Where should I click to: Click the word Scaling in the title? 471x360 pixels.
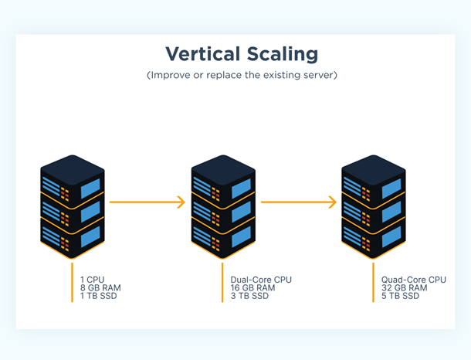click(280, 54)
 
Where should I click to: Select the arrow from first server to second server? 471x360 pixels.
click(147, 202)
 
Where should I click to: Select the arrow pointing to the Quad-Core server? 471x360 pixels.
click(299, 202)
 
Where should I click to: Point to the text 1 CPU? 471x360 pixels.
click(93, 280)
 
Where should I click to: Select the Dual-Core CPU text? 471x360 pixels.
click(261, 280)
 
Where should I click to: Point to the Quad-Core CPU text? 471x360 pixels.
click(413, 280)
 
